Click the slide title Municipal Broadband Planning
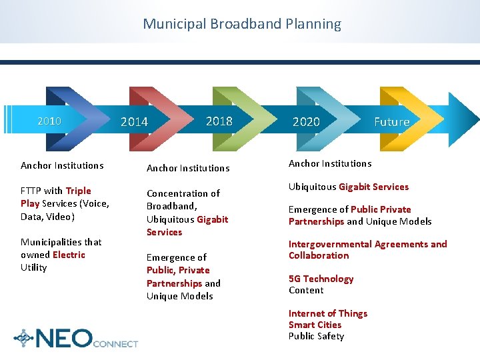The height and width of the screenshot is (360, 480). [241, 24]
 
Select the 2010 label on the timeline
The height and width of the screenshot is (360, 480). [49, 121]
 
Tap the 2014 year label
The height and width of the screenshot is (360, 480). [134, 122]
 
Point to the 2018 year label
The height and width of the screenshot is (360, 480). [219, 121]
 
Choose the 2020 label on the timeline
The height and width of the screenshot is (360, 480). [306, 122]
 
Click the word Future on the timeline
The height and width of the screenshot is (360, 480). [391, 122]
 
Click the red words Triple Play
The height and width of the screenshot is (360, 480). [55, 197]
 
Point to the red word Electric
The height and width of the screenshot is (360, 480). [69, 255]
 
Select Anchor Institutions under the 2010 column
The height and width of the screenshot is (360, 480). [62, 165]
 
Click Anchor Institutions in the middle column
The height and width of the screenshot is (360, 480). [187, 168]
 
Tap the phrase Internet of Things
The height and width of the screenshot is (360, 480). [327, 313]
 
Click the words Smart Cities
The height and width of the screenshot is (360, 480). [315, 325]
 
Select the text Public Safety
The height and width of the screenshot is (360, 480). [316, 336]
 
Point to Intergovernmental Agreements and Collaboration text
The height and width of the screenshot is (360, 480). [367, 249]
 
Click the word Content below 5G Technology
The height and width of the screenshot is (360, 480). [306, 290]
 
